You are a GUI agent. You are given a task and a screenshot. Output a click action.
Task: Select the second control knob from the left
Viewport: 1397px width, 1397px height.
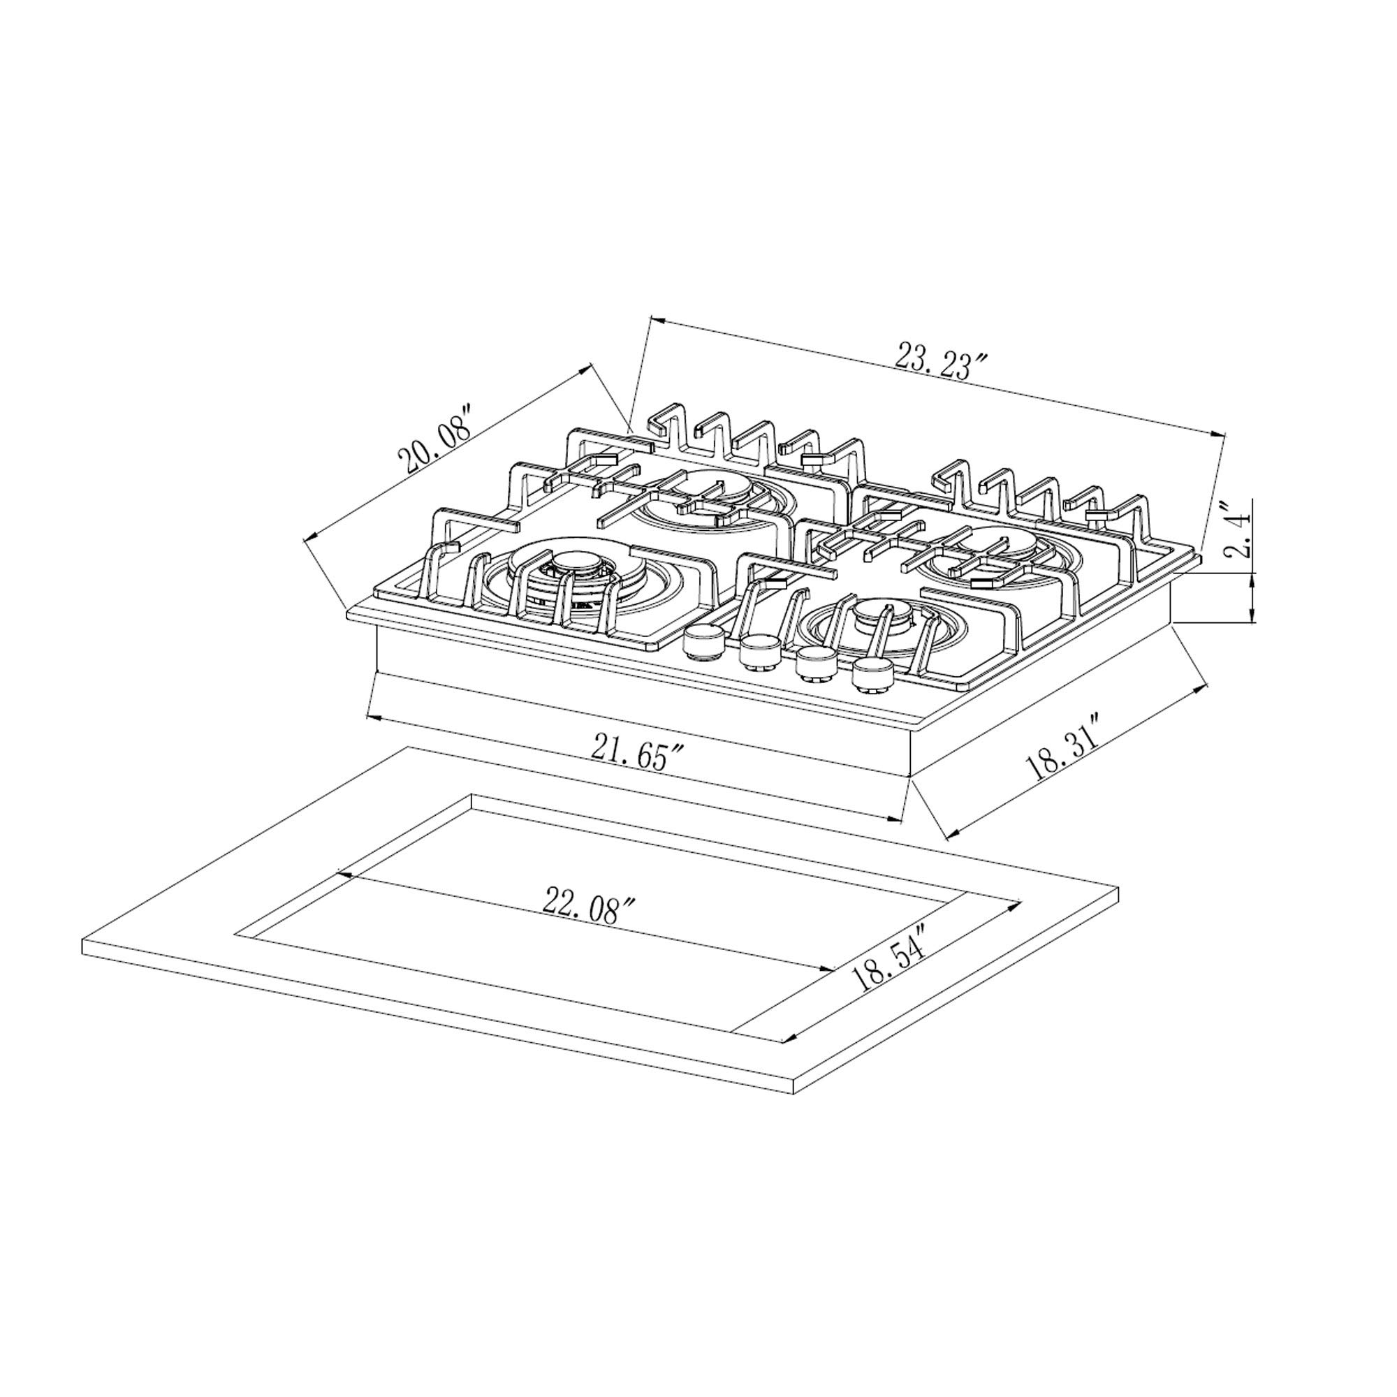759,649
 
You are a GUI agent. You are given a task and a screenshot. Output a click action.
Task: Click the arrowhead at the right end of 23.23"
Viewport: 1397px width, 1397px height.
1221,434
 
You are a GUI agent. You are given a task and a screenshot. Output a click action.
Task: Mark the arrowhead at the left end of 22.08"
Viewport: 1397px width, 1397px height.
344,875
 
